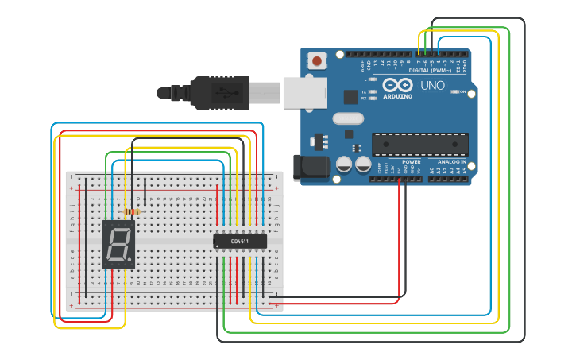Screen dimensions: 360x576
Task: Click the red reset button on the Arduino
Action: pos(318,61)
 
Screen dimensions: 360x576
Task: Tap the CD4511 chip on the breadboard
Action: pos(240,241)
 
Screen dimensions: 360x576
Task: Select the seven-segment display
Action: pos(118,244)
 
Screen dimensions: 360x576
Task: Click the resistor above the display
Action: pos(133,211)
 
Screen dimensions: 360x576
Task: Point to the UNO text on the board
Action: pos(432,86)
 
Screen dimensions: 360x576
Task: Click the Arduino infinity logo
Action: pos(397,85)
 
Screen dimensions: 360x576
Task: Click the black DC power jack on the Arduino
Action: pos(309,168)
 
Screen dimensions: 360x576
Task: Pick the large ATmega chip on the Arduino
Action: pos(419,145)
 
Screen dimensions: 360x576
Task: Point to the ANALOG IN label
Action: pos(451,161)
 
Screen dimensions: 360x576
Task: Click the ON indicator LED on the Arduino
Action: pos(455,92)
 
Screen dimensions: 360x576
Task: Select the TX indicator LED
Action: pos(373,91)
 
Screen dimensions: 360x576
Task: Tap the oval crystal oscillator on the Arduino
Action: pos(347,119)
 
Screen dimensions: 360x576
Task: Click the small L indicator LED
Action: pos(373,79)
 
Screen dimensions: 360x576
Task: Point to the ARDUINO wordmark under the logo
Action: pos(397,96)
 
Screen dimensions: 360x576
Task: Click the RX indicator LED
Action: pos(373,98)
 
